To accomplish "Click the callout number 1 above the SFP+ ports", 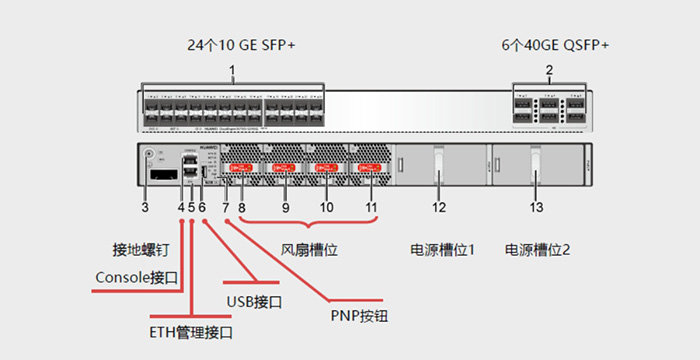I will tap(232, 71).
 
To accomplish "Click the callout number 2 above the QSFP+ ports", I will tap(549, 71).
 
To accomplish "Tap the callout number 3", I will tap(145, 207).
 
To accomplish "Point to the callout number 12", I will tap(438, 207).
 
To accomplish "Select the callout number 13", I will tap(536, 207).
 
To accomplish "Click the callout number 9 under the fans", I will tap(285, 207).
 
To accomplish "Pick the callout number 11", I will tap(371, 207).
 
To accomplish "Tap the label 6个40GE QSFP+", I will tap(555, 46).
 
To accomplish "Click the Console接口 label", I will tap(136, 277).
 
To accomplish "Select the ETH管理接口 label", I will tap(185, 331).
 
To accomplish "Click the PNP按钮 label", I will tap(357, 316).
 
